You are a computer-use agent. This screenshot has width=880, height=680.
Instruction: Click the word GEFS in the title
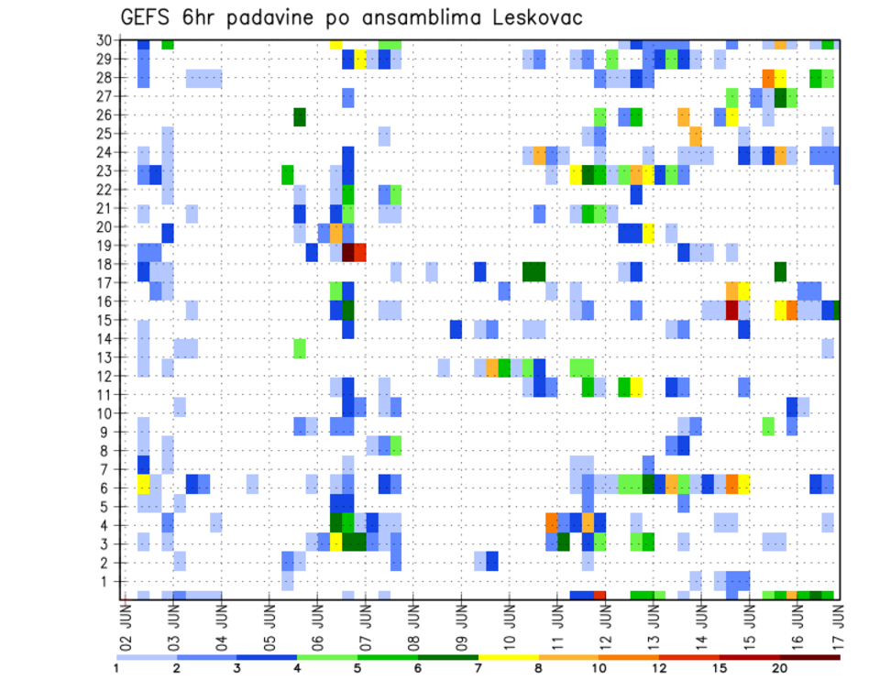pyautogui.click(x=148, y=18)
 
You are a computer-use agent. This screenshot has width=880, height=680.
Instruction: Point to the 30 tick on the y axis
pyautogui.click(x=106, y=40)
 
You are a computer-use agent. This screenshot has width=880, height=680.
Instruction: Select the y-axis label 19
pyautogui.click(x=106, y=246)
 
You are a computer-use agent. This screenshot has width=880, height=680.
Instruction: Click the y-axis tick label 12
pyautogui.click(x=106, y=376)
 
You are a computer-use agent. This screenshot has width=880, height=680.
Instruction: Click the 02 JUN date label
pyautogui.click(x=126, y=623)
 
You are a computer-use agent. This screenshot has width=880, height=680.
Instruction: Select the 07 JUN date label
pyautogui.click(x=364, y=623)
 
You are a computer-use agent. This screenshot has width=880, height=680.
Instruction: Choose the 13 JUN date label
pyautogui.click(x=653, y=623)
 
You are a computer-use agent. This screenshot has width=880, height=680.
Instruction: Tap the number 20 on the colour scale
pyautogui.click(x=778, y=668)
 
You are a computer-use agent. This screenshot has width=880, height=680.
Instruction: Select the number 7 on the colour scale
pyautogui.click(x=478, y=668)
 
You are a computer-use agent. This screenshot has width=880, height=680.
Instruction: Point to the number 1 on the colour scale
pyautogui.click(x=116, y=668)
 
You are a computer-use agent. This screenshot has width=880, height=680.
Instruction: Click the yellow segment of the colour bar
pyautogui.click(x=508, y=657)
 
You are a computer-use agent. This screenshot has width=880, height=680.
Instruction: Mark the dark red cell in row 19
pyautogui.click(x=348, y=252)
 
